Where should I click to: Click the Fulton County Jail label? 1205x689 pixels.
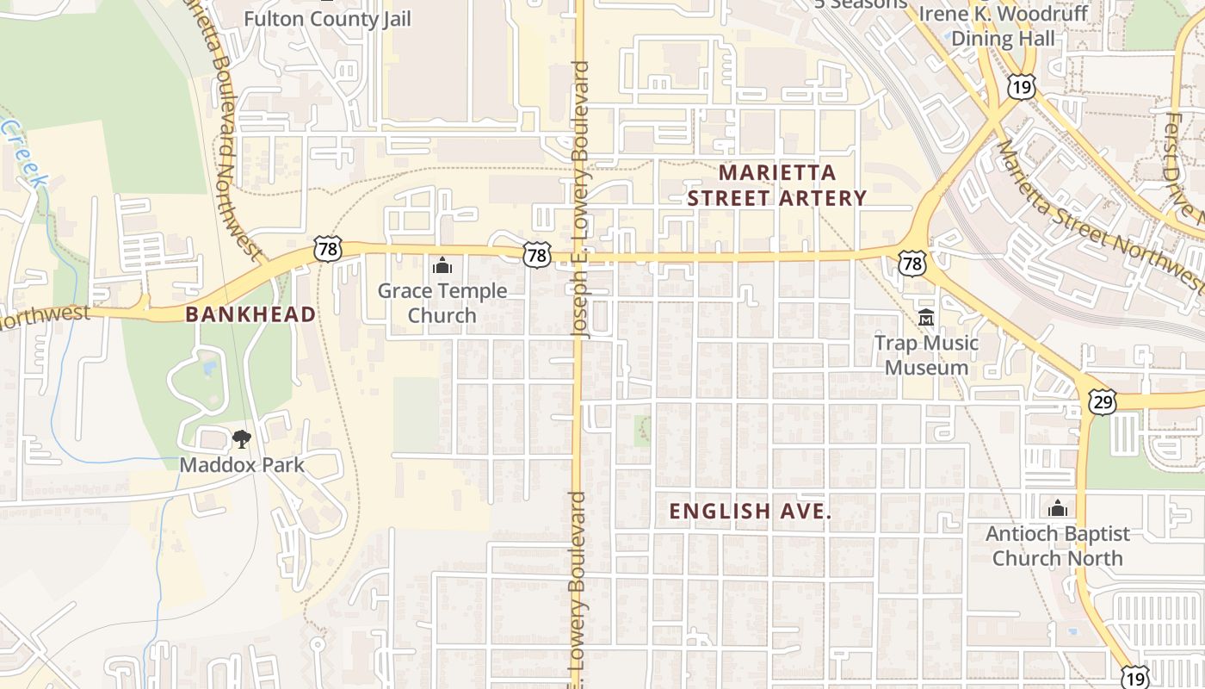tap(328, 18)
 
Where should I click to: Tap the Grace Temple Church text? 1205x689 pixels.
tap(442, 303)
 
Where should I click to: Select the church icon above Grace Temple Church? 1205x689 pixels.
tap(442, 264)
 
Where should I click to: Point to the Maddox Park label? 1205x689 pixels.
tap(242, 465)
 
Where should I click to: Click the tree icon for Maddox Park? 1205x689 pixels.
tap(242, 439)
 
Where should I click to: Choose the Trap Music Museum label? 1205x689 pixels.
tap(927, 355)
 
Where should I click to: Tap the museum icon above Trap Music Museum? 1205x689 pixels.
tap(927, 318)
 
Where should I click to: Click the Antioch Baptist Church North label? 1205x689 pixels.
tap(1058, 546)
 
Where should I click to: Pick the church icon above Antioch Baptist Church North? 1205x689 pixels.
tap(1058, 508)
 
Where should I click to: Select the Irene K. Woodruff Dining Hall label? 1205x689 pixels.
tap(1003, 26)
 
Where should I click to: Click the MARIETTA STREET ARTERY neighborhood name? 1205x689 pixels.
tap(777, 185)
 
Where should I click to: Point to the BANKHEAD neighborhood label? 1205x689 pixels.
tap(250, 314)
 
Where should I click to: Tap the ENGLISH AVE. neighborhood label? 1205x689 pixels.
tap(751, 511)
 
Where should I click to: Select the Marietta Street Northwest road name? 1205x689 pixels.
tap(1097, 215)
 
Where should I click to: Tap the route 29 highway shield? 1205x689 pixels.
tap(1102, 400)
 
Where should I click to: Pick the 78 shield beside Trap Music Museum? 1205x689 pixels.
tap(912, 263)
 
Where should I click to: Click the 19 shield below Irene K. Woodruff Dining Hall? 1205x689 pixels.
tap(1022, 86)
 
